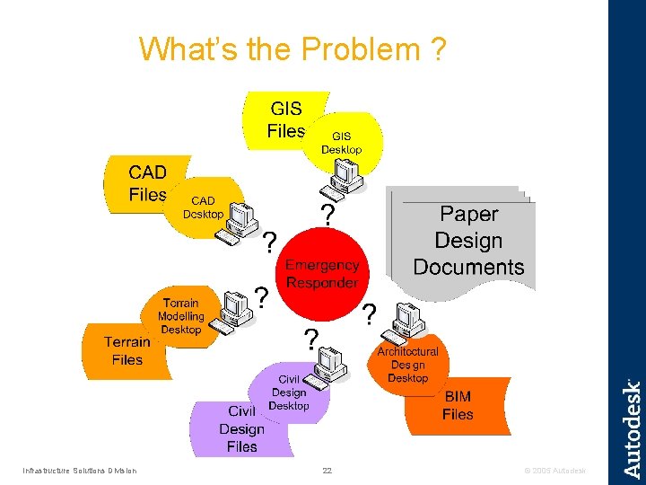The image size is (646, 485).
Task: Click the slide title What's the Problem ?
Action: [292, 49]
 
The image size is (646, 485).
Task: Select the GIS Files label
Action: [285, 120]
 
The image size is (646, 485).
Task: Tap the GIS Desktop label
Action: [342, 143]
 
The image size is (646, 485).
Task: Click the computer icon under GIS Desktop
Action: [344, 175]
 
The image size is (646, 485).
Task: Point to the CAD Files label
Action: [147, 182]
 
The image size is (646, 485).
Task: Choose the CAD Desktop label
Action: [203, 207]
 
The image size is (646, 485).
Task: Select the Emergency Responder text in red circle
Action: [322, 274]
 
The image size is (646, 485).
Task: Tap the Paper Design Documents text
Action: [468, 241]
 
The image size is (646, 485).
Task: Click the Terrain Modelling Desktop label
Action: [181, 316]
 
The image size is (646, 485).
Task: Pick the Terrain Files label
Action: [127, 350]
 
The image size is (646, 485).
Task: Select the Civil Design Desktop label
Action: [289, 392]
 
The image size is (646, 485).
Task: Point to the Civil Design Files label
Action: [241, 428]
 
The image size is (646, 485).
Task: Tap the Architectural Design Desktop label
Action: [408, 365]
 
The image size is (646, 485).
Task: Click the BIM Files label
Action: [458, 405]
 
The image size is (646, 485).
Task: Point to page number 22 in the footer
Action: [327, 471]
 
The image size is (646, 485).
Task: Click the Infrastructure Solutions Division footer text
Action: [80, 471]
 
